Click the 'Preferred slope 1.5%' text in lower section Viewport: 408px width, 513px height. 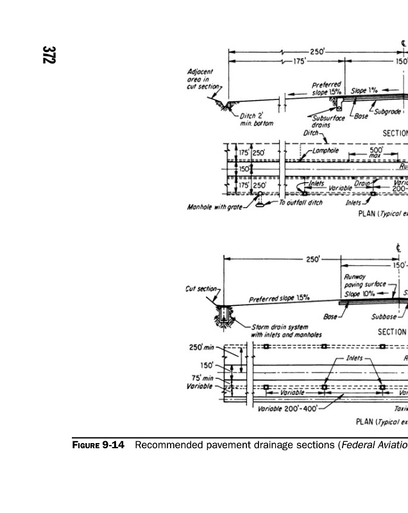pyautogui.click(x=280, y=298)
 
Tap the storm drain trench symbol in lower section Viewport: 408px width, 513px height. pyautogui.click(x=223, y=315)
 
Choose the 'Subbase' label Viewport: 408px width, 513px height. pyautogui.click(x=384, y=316)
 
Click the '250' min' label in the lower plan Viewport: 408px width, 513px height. pyautogui.click(x=201, y=348)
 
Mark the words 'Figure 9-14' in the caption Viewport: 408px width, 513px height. pyautogui.click(x=95, y=445)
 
